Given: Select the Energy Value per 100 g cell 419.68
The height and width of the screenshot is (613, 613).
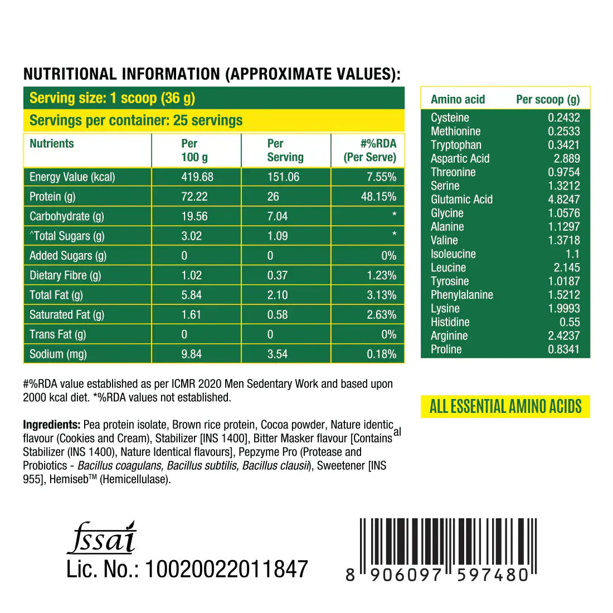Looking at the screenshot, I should coord(197,177).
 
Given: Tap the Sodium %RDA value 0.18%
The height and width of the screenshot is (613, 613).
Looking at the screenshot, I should coord(381,354).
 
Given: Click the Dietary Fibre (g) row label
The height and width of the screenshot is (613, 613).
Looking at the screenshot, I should coord(65,275).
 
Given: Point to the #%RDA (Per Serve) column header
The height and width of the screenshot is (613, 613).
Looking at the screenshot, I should coord(370,150).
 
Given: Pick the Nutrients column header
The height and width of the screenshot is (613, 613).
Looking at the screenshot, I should coord(52,144).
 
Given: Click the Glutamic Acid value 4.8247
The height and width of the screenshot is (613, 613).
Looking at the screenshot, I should coord(563,200).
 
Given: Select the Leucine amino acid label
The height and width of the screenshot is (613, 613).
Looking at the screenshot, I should coord(448,268).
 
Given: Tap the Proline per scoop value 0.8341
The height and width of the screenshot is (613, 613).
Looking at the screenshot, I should coord(563,349).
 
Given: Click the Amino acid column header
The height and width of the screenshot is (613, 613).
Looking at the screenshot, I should coord(458,100).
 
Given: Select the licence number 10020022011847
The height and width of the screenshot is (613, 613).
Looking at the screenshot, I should coord(226,569).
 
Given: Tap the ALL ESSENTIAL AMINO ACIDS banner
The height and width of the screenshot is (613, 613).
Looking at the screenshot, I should coord(505,406).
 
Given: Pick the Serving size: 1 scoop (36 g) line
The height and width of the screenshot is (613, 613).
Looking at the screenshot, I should coord(112,98).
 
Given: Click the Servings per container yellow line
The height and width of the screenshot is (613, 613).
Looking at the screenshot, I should coord(136,120).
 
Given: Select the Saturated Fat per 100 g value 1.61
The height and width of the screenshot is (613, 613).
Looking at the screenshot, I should coord(191,315).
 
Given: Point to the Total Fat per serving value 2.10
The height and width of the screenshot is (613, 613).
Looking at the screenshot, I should coord(278,295).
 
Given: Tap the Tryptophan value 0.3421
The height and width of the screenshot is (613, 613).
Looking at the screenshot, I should coord(563,145).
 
